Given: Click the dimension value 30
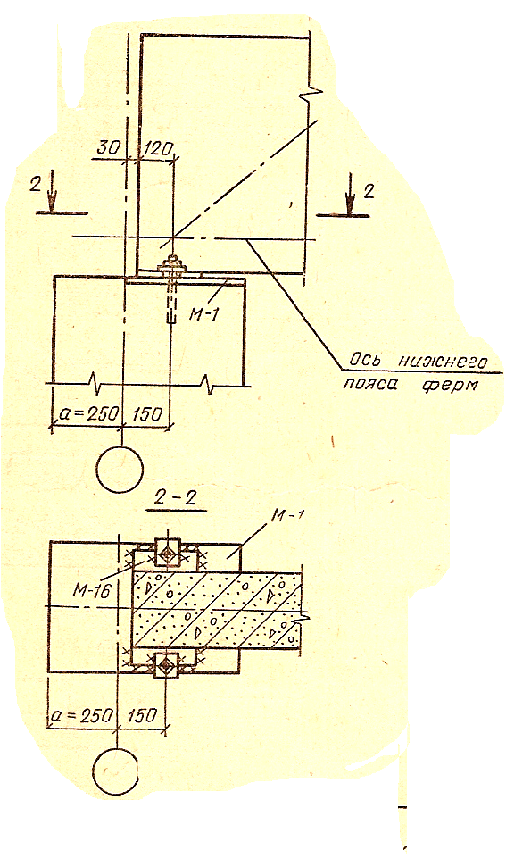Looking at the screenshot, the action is coord(110,147).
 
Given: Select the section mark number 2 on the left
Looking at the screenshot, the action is coord(36,183).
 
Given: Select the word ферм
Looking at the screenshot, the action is coord(449,384).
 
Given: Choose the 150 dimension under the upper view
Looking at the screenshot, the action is coord(145,413).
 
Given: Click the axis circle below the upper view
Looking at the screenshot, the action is coord(120,469).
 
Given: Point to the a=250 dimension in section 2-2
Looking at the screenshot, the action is coord(82,715).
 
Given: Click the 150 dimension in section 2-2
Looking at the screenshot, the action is coord(141,715).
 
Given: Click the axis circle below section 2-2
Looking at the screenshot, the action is coord(117,771).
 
